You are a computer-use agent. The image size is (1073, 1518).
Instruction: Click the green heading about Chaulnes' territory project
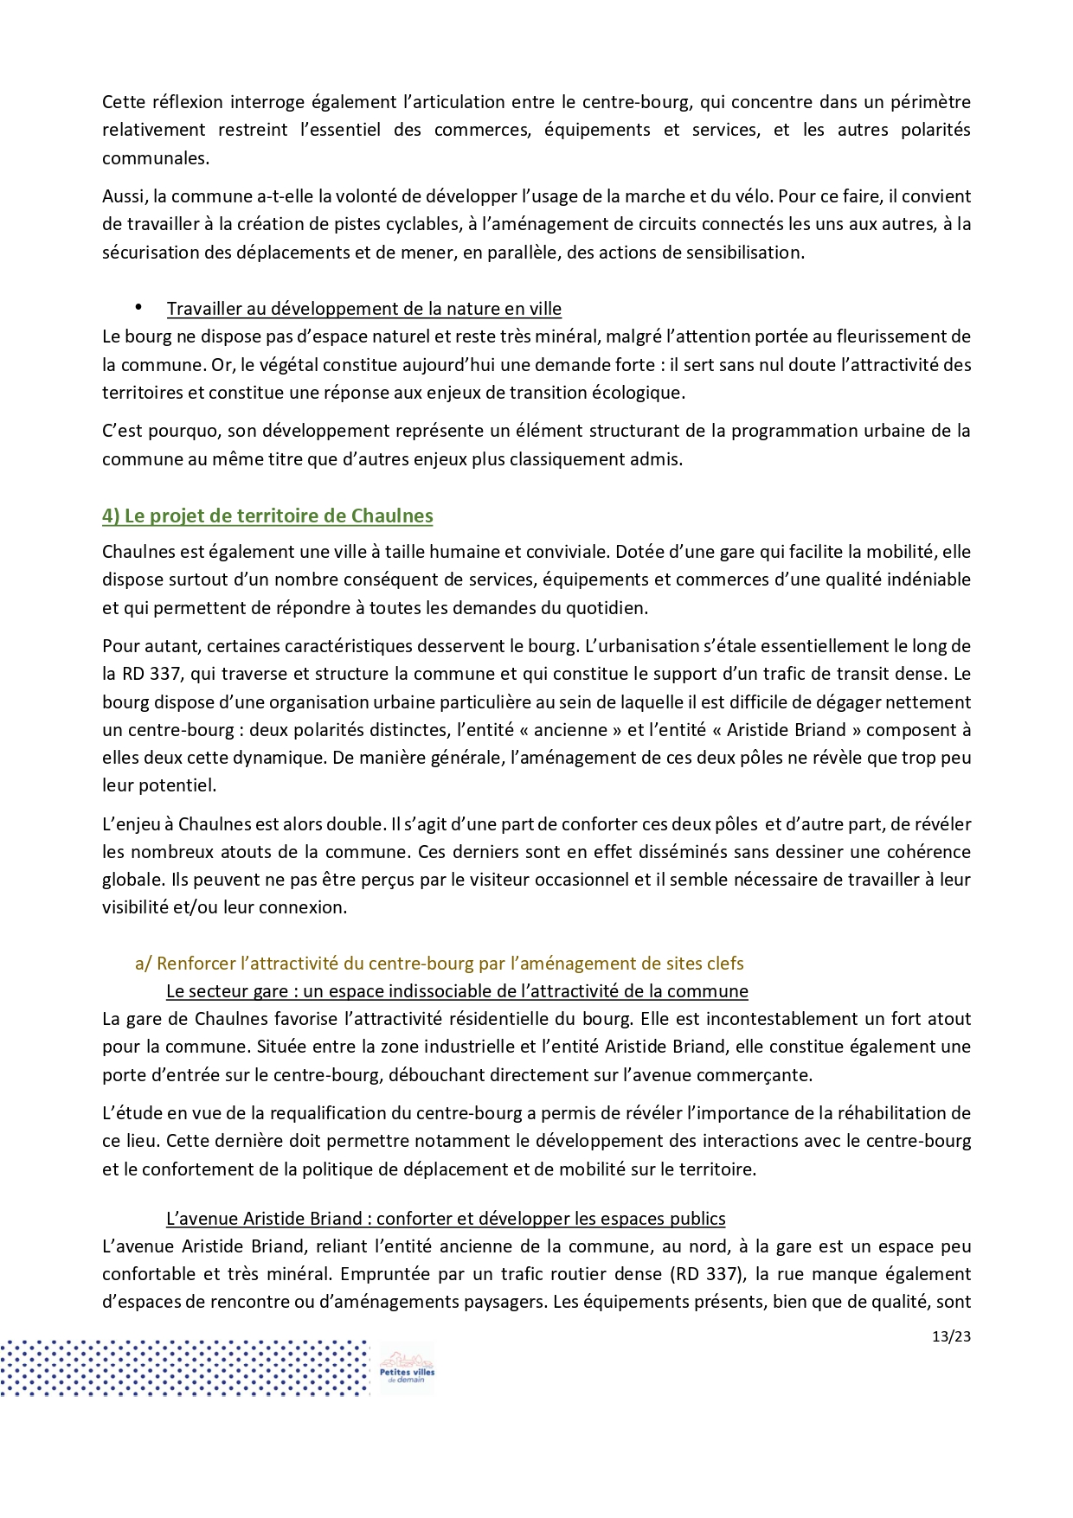(x=267, y=516)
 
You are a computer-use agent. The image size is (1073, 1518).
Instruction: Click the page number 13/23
(x=951, y=1336)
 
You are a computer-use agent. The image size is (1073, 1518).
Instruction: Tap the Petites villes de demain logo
(x=407, y=1368)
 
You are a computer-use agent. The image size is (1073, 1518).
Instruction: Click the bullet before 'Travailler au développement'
(x=138, y=307)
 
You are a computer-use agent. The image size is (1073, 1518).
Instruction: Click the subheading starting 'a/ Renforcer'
(x=439, y=964)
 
